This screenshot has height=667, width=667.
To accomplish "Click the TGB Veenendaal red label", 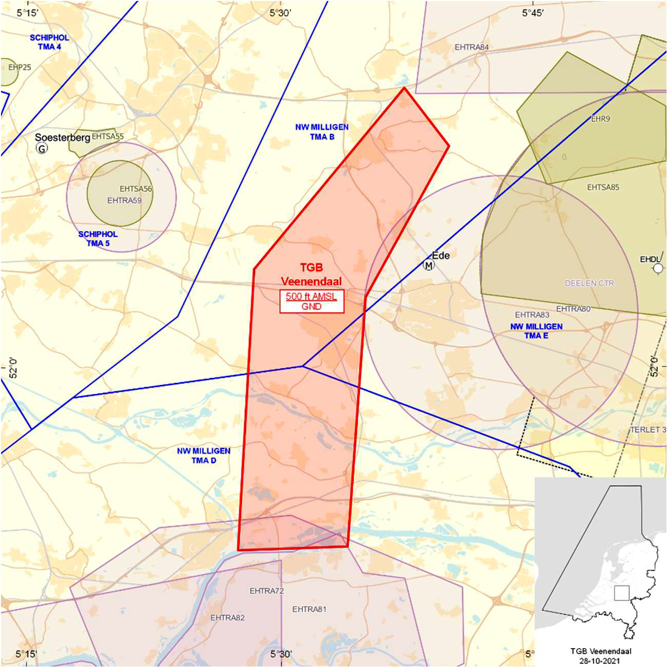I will click(x=311, y=274).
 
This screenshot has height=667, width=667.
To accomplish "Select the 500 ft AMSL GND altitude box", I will click(x=311, y=301).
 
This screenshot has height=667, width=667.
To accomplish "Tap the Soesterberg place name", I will click(x=62, y=137).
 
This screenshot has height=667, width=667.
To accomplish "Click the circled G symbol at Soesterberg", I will click(x=42, y=148).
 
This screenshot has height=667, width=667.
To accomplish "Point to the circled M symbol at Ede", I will click(x=428, y=265).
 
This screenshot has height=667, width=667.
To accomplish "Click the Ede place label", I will click(x=441, y=255).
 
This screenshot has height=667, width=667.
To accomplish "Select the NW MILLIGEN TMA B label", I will click(x=322, y=132).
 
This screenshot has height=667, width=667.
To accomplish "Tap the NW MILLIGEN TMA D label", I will click(x=203, y=455).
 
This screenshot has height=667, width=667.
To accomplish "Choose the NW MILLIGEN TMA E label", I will click(x=536, y=331).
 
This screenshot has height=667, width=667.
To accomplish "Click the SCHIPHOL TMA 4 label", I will click(x=49, y=42).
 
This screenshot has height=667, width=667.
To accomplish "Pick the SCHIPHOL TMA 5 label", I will click(x=98, y=239).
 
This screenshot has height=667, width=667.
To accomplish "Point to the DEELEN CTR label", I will click(x=589, y=283).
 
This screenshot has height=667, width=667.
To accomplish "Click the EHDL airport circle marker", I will click(x=658, y=268).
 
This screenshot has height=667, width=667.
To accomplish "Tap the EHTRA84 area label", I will click(x=471, y=47).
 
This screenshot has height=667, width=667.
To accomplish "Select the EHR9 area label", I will click(x=600, y=119).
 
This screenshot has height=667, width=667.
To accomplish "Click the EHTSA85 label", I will click(x=603, y=187).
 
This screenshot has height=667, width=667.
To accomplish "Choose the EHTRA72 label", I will click(x=266, y=591).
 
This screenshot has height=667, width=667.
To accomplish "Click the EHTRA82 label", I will click(x=227, y=618).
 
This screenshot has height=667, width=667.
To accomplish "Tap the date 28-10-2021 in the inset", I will click(x=600, y=660).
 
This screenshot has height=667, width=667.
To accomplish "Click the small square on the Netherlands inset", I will click(x=621, y=593).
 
